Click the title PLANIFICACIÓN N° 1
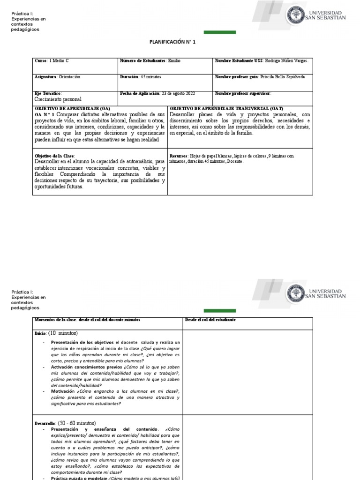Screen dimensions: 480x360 172,42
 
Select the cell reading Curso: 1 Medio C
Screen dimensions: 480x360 52,61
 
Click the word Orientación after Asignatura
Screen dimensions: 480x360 70,77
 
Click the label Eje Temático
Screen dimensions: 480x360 48,93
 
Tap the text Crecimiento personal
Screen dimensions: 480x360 58,99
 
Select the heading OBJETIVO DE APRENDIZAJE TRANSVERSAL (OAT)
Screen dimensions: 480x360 226,108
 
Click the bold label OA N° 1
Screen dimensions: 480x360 45,114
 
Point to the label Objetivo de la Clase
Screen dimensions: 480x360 54,156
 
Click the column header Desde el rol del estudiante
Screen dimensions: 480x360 210,320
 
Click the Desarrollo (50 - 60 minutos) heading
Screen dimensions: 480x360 65,423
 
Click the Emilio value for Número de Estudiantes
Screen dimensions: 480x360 174,61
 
